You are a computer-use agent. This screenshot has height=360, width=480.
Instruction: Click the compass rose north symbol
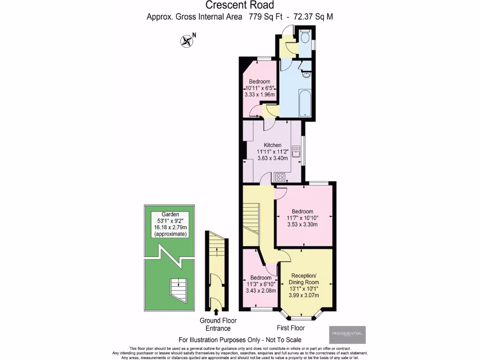point(187,41)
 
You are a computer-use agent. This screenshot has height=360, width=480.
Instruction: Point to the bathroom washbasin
point(307,74)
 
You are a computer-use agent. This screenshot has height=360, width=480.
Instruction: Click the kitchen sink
point(296,151)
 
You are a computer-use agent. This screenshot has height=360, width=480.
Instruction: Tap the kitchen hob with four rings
point(280,177)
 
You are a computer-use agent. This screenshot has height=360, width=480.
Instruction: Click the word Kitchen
point(272,145)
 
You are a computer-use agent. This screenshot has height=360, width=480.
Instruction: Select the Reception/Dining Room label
point(305,278)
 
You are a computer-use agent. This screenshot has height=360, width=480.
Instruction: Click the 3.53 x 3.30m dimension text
point(302,225)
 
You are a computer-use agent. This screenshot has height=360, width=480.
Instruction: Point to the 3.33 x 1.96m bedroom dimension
point(259,94)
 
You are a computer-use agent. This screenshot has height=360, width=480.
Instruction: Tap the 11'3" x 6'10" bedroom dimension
point(260,284)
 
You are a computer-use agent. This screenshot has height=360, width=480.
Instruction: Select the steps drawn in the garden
point(177,286)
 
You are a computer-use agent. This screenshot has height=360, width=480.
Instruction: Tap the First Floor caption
point(291,328)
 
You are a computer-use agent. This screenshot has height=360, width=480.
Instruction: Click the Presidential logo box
point(347,335)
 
